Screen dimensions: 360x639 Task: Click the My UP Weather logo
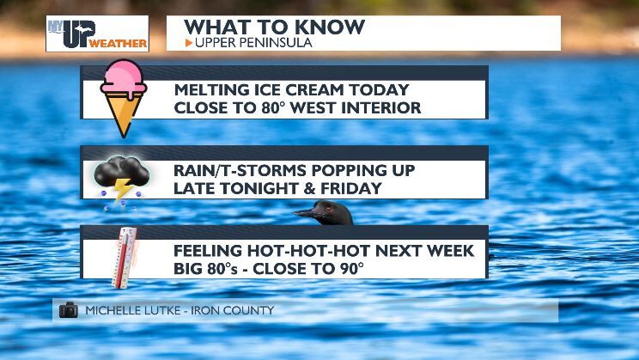97,34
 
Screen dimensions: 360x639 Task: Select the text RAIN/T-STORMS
234,170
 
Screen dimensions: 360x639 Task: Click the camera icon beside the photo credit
69,310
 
